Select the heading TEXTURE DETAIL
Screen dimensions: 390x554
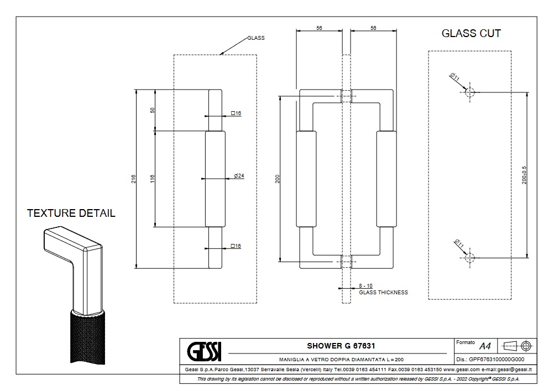[71, 213]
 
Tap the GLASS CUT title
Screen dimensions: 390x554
[471, 33]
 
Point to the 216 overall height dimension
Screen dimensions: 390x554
[133, 179]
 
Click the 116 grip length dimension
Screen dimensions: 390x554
[152, 179]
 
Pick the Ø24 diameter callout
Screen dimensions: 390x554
[239, 175]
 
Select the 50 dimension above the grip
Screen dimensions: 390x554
[152, 110]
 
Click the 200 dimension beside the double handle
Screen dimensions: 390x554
[278, 179]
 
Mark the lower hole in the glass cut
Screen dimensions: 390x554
[470, 257]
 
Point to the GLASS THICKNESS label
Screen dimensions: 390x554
[383, 293]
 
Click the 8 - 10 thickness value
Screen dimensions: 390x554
[365, 285]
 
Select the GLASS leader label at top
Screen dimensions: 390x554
[255, 38]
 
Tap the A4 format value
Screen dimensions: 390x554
[485, 346]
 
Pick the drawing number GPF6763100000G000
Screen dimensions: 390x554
[499, 359]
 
